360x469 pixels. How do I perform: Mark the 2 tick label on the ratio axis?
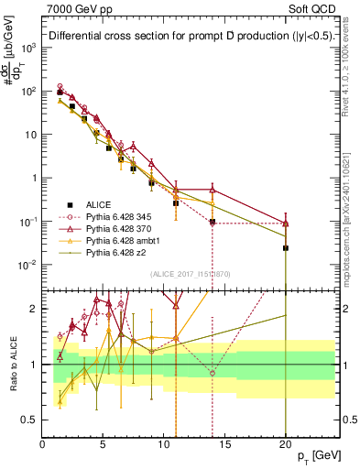(x=35, y=309)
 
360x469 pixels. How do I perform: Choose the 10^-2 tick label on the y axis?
(x=27, y=266)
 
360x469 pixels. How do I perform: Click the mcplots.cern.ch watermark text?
(x=351, y=211)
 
